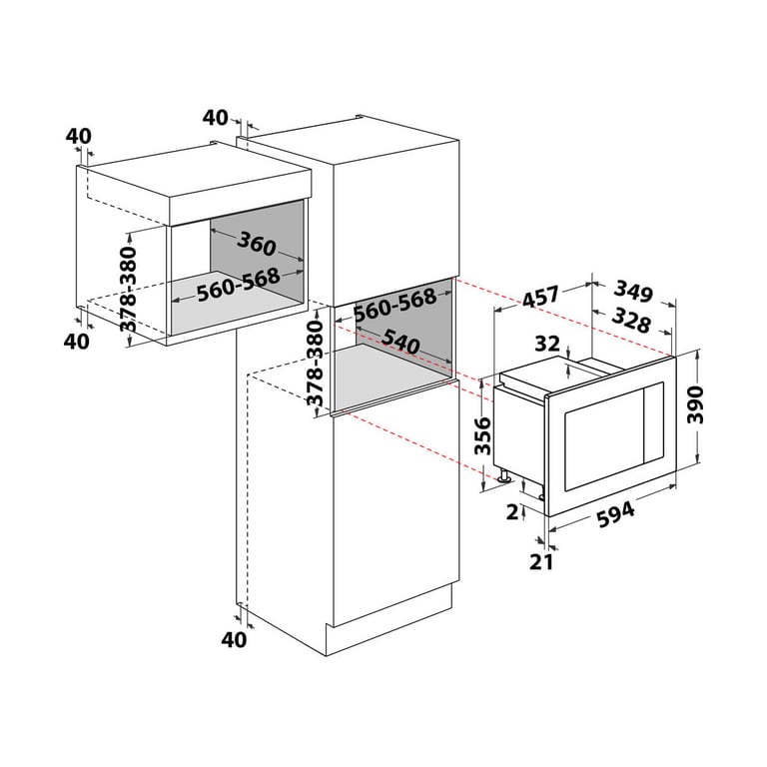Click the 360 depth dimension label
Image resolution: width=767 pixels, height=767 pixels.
(257, 243)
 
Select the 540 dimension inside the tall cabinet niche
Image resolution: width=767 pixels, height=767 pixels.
(400, 341)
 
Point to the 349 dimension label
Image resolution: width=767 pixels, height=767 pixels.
(634, 292)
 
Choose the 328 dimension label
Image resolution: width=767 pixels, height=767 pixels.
(631, 321)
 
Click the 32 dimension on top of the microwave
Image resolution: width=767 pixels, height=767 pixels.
(547, 344)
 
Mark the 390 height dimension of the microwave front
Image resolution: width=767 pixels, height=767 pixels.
(695, 405)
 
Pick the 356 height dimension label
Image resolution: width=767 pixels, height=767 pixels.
(482, 435)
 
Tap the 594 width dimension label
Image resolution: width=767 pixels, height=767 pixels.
(616, 515)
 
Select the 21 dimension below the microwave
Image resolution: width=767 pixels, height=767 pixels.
(541, 562)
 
